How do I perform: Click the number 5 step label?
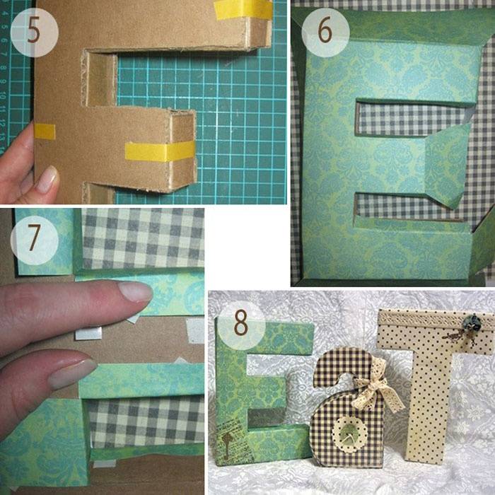[33, 32]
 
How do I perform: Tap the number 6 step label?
[325, 31]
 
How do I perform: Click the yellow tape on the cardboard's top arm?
[243, 9]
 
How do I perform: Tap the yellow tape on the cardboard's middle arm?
[160, 151]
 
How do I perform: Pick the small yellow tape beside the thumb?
[45, 132]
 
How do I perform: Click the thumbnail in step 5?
[47, 180]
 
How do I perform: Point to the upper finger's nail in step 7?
[136, 291]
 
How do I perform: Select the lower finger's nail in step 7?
[74, 374]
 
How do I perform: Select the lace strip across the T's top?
[436, 320]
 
